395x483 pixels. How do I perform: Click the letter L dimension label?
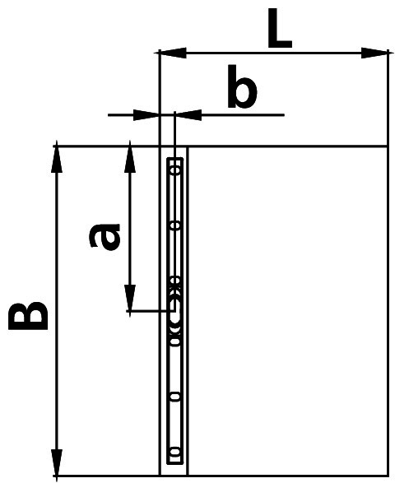[x=280, y=28]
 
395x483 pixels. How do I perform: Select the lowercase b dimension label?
[x=242, y=86]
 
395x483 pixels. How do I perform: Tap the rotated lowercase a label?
[x=105, y=236]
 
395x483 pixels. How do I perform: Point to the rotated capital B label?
[x=28, y=316]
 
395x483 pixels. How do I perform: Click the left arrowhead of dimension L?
[x=172, y=53]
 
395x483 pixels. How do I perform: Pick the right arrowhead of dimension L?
[x=374, y=53]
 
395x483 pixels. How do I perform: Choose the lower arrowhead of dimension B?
[x=57, y=462]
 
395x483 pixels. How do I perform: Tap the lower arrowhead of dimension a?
[x=130, y=298]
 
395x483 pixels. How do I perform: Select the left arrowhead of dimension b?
[x=145, y=115]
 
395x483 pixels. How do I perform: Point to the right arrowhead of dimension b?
[x=188, y=115]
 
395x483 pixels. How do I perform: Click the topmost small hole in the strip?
[x=176, y=170]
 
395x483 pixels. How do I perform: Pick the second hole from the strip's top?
[x=176, y=225]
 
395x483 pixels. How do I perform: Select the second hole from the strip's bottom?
[x=175, y=397]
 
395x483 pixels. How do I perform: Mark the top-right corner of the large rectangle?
[x=387, y=146]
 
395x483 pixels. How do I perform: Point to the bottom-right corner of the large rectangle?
[x=387, y=476]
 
